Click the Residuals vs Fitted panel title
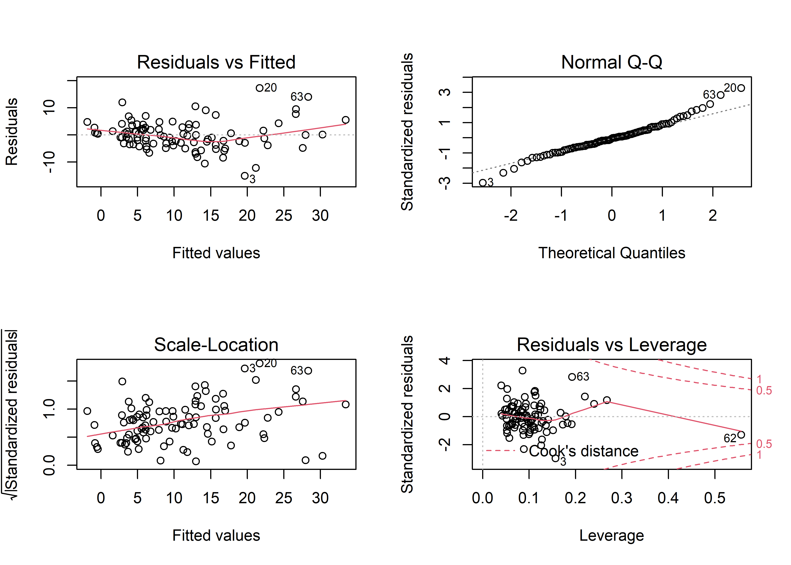[216, 63]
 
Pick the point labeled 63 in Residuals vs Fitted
[308, 97]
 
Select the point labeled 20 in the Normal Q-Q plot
[741, 88]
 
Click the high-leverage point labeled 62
[741, 434]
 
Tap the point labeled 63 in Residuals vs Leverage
[572, 377]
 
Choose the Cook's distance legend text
[584, 451]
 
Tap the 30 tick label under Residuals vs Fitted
[320, 216]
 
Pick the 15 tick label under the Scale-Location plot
[210, 498]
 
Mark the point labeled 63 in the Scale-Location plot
[308, 370]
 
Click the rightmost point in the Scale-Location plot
[345, 404]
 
